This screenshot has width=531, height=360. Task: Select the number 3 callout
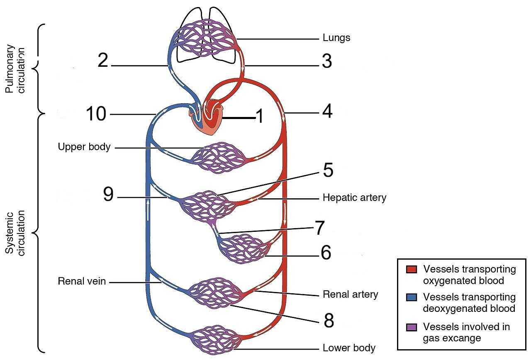click(327, 62)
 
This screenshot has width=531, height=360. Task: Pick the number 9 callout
click(108, 195)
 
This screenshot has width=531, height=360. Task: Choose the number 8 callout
click(329, 321)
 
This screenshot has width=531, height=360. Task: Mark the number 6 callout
click(326, 253)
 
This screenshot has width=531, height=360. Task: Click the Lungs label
click(336, 38)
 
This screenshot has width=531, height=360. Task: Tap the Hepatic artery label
click(354, 198)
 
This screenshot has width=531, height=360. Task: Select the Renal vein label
click(82, 282)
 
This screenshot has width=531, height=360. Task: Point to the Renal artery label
click(351, 294)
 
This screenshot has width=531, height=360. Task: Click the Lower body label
click(349, 348)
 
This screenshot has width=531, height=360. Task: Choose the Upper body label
click(84, 147)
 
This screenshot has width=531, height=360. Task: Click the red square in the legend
click(411, 270)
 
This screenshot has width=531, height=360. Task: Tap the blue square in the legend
click(411, 297)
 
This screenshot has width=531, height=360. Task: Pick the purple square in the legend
click(411, 327)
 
